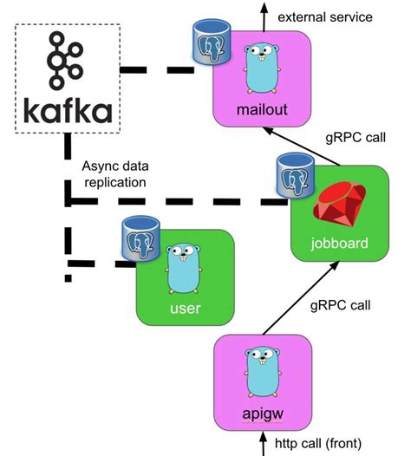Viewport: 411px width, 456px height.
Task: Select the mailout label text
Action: coord(261,110)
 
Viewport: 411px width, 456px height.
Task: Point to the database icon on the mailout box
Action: coord(208,44)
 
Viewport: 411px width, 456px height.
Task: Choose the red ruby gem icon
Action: coord(338,205)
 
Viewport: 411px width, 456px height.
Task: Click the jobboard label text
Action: coord(338,242)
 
